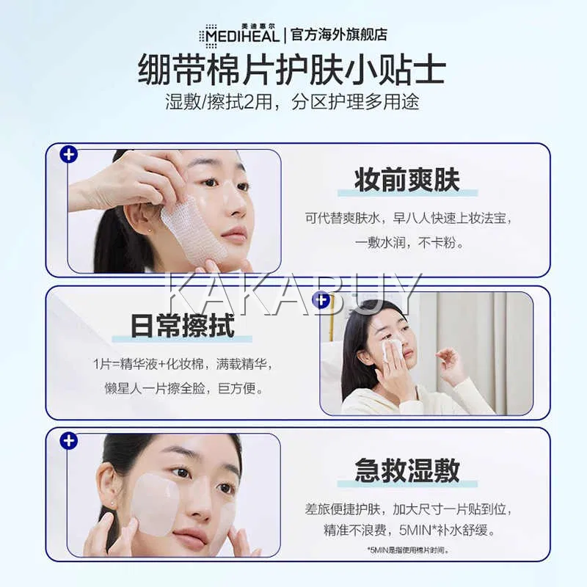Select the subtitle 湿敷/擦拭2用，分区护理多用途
(292, 101)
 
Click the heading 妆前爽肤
(407, 180)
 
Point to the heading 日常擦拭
(182, 325)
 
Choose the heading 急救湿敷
(407, 470)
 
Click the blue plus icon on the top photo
(69, 155)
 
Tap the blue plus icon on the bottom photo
(69, 441)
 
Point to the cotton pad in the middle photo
(391, 349)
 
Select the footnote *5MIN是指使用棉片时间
(408, 550)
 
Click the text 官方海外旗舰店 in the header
(339, 34)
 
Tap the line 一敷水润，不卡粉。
(409, 243)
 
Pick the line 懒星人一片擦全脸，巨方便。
(184, 388)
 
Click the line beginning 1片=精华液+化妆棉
(182, 364)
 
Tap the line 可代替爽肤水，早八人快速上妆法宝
(408, 218)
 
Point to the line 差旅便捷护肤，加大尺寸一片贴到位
(408, 508)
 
